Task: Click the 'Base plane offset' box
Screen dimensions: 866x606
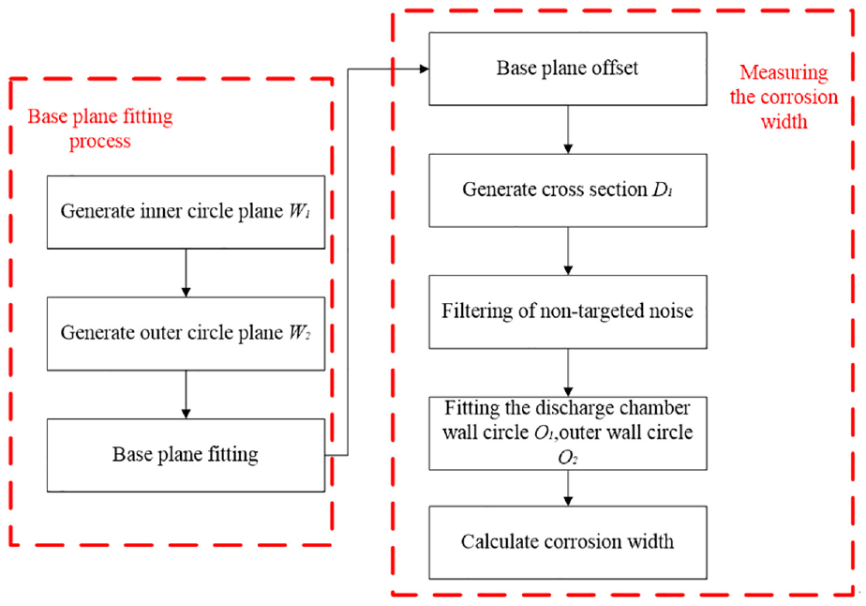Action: pos(568,68)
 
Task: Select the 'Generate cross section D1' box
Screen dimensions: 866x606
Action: pos(568,190)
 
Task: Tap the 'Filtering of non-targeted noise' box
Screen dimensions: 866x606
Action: pos(568,311)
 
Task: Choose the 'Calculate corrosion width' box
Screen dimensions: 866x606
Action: pos(568,542)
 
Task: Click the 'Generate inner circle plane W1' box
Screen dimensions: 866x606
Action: pos(186,212)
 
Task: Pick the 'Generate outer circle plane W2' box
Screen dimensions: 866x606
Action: pos(186,333)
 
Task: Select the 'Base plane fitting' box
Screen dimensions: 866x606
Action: pos(186,455)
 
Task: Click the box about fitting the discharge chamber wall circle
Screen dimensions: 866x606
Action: pos(568,433)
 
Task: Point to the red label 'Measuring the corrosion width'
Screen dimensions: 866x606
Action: pos(784,97)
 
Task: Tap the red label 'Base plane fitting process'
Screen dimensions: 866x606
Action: pos(100,129)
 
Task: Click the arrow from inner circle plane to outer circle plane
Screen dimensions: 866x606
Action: pos(186,273)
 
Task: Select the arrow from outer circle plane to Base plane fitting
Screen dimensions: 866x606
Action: pos(186,394)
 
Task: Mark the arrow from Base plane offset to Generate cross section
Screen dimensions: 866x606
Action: pos(568,129)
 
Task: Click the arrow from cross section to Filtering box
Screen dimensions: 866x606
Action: pos(568,251)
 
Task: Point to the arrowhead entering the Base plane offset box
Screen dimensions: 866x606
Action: pos(425,69)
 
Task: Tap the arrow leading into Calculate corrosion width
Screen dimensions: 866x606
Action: pos(568,488)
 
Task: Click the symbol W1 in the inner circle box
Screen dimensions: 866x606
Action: pos(299,211)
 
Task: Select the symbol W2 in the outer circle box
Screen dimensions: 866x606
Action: pos(299,332)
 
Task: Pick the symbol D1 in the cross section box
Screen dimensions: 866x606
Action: pos(663,189)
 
